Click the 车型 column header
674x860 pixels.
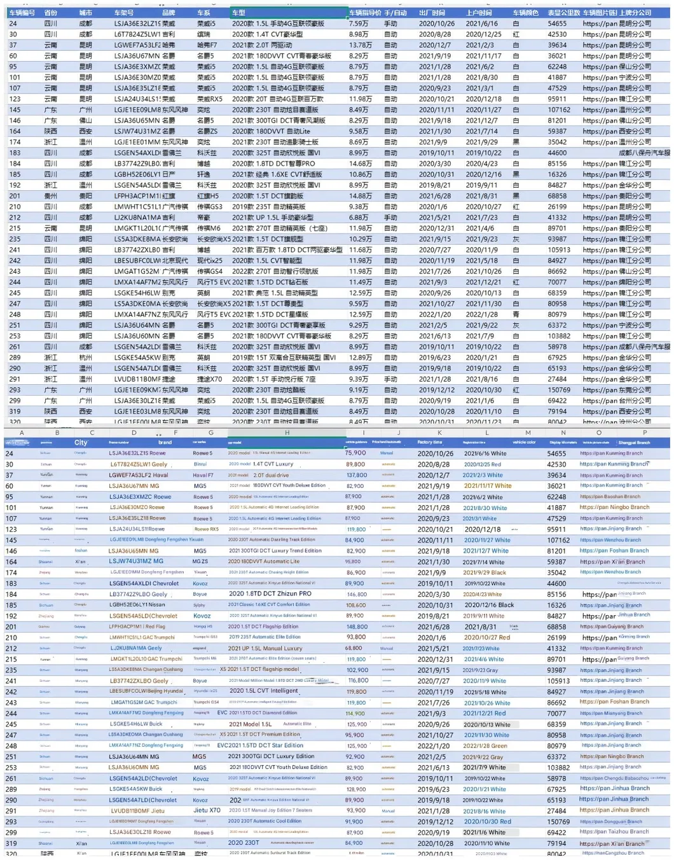[238, 13]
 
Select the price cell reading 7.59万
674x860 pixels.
[359, 24]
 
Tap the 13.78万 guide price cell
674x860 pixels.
[360, 45]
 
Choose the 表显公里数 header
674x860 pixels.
[563, 13]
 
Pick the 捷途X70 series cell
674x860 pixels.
[209, 379]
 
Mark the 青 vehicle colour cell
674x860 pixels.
[516, 314]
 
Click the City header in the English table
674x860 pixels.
[81, 443]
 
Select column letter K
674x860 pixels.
[439, 433]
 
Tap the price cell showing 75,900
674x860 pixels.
[355, 453]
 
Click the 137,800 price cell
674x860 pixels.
[356, 475]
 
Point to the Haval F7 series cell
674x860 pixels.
[203, 475]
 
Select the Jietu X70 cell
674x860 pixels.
[207, 810]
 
